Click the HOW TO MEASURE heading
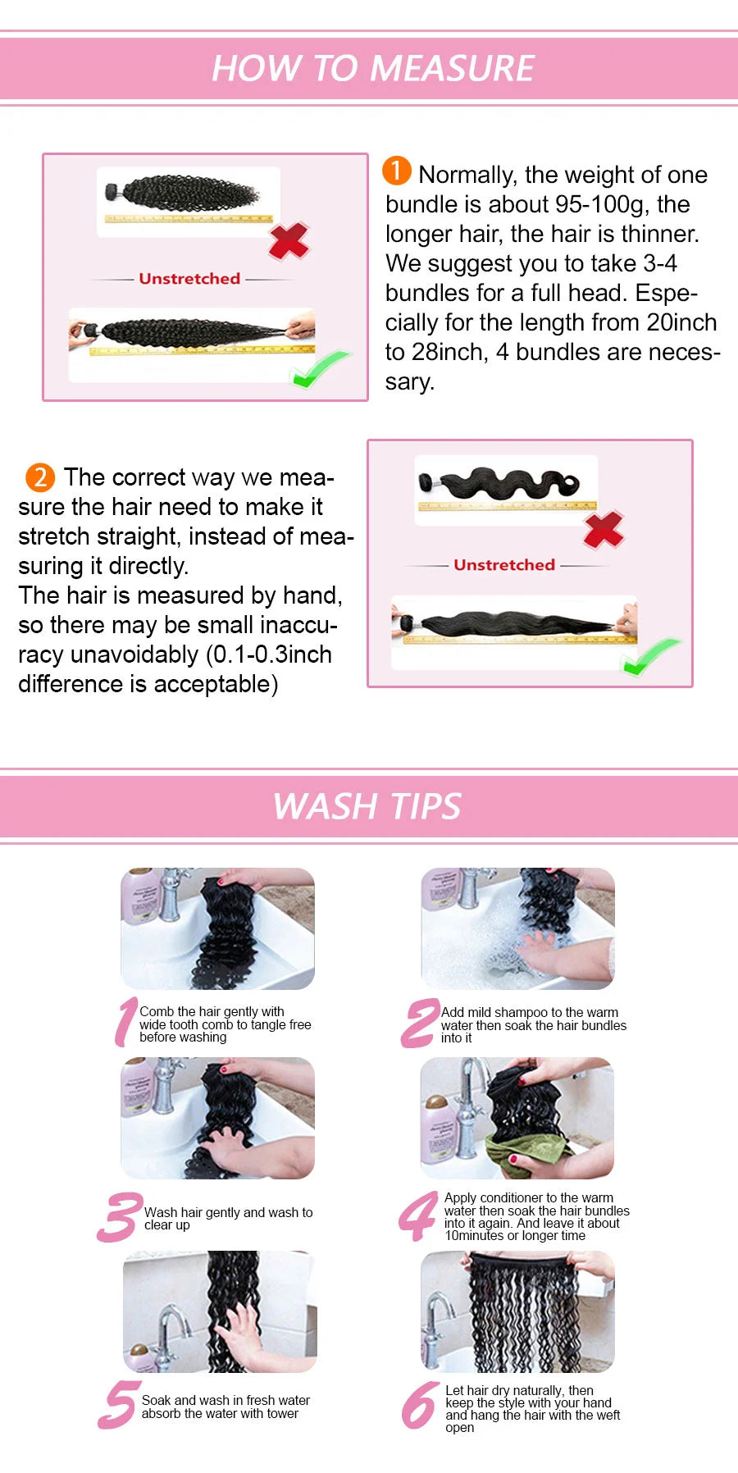(373, 68)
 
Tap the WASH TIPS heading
(367, 806)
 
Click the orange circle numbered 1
(397, 171)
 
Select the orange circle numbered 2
(40, 477)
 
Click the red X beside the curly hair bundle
(289, 240)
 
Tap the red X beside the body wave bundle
(604, 530)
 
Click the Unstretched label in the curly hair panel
(189, 279)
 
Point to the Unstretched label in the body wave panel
(504, 565)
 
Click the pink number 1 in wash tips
(125, 1022)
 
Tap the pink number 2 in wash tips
(420, 1024)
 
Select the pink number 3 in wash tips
(120, 1217)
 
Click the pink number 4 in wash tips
(418, 1216)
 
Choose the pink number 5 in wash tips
(118, 1405)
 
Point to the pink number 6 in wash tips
(420, 1405)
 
